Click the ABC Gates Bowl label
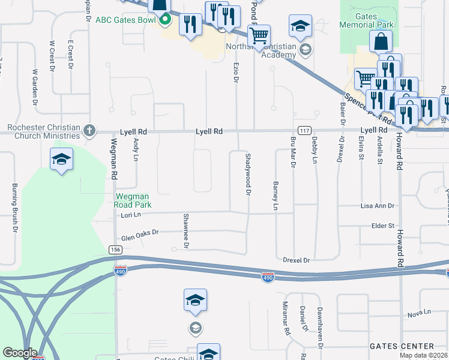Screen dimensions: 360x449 [x=126, y=20]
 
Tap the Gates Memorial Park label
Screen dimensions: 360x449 [x=366, y=20]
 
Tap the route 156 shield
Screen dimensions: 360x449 [x=115, y=250]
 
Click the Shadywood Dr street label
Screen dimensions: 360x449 [x=247, y=174]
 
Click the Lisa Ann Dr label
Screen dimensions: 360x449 [x=378, y=206]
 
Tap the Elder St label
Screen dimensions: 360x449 [x=382, y=226]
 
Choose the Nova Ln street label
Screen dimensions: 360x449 [x=419, y=313]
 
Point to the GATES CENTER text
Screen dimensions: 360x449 [x=402, y=346]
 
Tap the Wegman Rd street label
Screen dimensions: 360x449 [x=113, y=159]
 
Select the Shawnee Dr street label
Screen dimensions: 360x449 [x=186, y=231]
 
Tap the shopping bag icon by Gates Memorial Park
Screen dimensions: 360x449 [x=381, y=41]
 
